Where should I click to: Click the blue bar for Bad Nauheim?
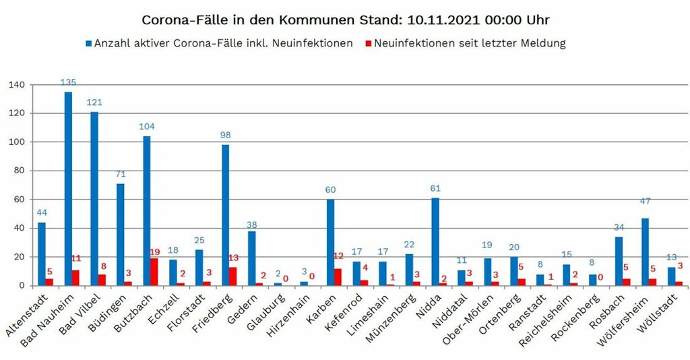pos(68,189)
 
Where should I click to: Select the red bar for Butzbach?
pos(154,272)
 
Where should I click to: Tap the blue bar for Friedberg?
pos(225,215)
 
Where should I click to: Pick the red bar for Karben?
pos(338,277)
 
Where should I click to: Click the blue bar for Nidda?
pos(435,242)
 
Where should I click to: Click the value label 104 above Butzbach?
pos(147,127)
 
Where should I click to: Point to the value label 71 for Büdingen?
pos(121,174)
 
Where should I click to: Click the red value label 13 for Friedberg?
pos(234,258)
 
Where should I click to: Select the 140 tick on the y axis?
pos(17,85)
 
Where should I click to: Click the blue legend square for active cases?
pos(88,43)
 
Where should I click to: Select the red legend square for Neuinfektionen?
pos(368,43)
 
